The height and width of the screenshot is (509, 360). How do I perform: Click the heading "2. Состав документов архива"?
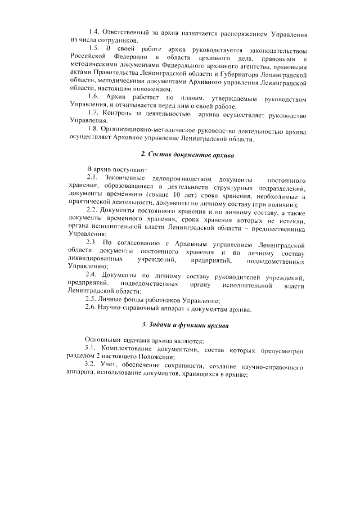coord(187,154)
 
